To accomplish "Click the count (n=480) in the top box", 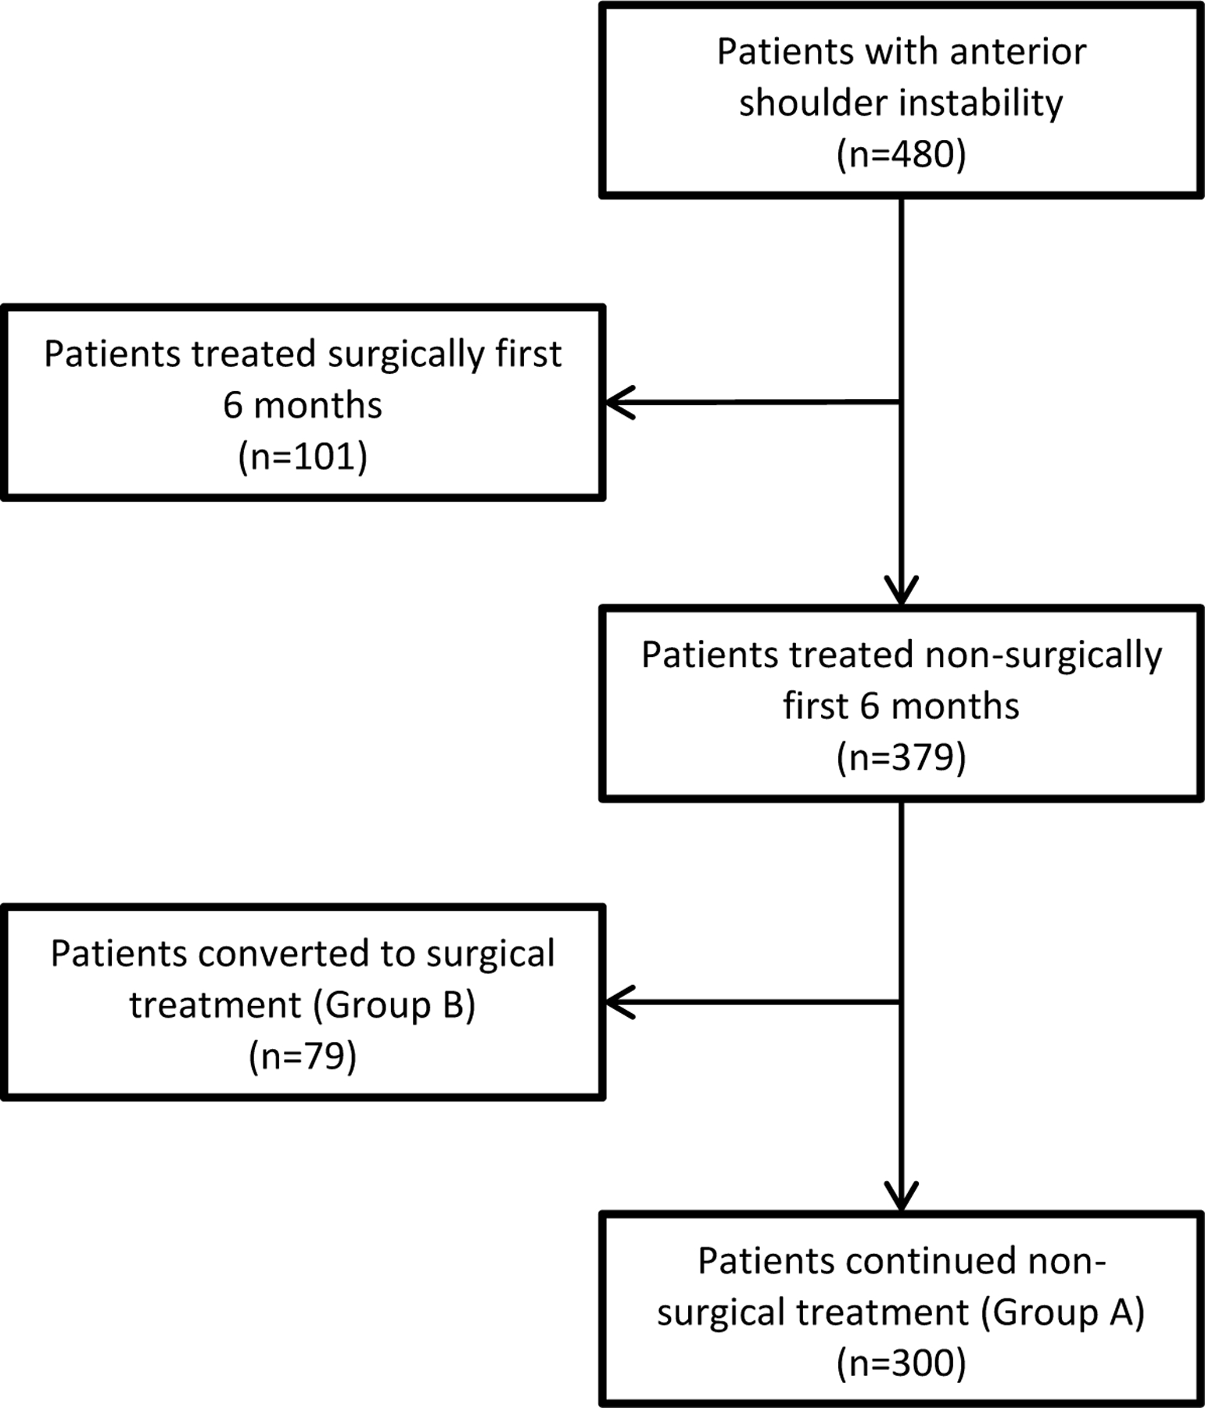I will [901, 154].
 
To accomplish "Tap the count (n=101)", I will [303, 456].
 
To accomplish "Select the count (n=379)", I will [901, 757].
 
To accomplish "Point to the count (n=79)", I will [303, 1056].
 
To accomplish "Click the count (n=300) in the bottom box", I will [901, 1363].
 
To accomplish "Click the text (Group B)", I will [394, 1005].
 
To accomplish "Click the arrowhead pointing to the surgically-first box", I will [618, 403].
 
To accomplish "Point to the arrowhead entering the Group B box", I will [618, 1002].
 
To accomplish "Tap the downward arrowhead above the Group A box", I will [901, 1197].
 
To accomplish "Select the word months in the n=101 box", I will [317, 405].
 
